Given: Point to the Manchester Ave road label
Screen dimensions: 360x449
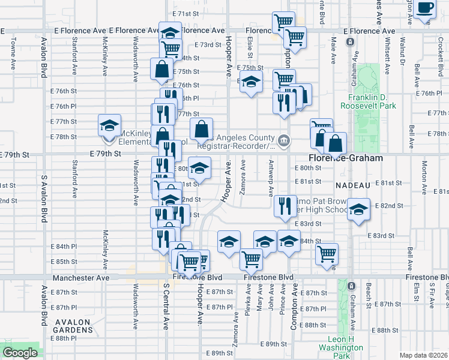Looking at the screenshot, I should tap(81, 278).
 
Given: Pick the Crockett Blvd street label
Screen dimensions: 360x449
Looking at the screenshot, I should tap(440, 48).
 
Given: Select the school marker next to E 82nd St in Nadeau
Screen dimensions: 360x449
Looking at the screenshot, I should tap(358, 211).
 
